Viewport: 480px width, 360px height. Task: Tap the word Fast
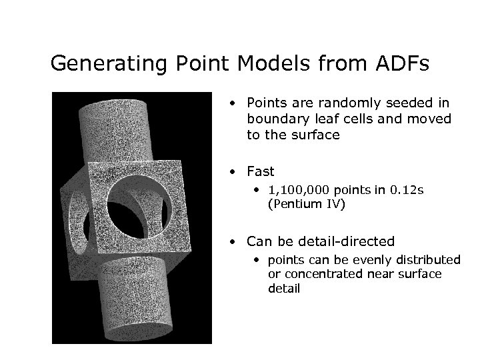coord(260,171)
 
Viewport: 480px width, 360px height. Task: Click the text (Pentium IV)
coord(306,205)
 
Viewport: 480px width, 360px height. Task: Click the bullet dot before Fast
coord(231,172)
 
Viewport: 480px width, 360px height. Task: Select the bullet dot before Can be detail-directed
coord(231,241)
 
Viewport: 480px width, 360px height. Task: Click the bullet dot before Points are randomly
coord(231,104)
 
